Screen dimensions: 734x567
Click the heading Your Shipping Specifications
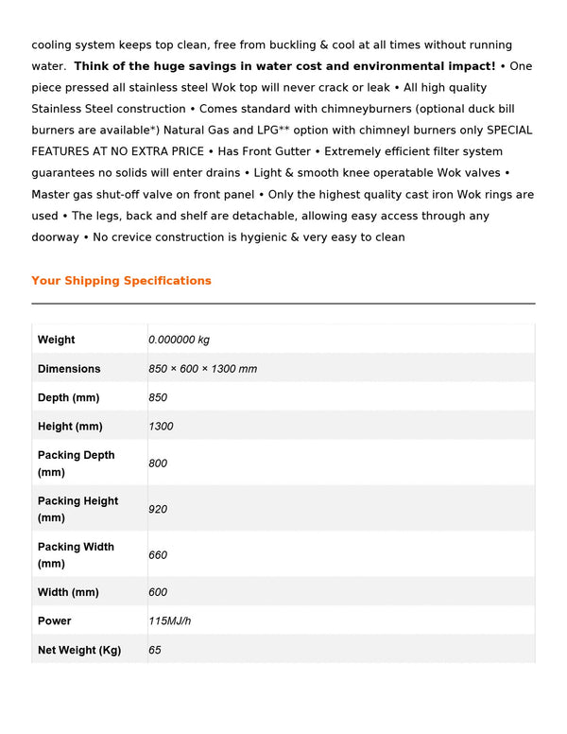point(121,281)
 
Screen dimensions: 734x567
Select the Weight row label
point(57,340)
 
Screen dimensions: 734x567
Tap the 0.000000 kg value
point(179,340)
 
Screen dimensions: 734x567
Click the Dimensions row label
point(69,369)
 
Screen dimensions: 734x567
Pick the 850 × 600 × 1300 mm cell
point(202,369)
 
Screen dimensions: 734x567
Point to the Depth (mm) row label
point(68,397)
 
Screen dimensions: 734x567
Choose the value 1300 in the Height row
point(161,427)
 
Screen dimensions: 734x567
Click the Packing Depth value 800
point(158,463)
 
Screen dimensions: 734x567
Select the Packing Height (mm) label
point(77,509)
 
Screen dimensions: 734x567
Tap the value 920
point(158,509)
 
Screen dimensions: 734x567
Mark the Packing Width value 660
point(158,555)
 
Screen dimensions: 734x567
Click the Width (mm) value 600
point(158,592)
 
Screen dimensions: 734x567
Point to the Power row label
point(55,621)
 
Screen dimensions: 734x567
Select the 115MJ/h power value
point(169,621)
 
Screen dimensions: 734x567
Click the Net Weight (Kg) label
point(79,650)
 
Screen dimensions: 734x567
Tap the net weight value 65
point(155,650)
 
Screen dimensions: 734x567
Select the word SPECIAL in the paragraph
point(509,131)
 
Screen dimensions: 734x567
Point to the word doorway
point(55,237)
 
